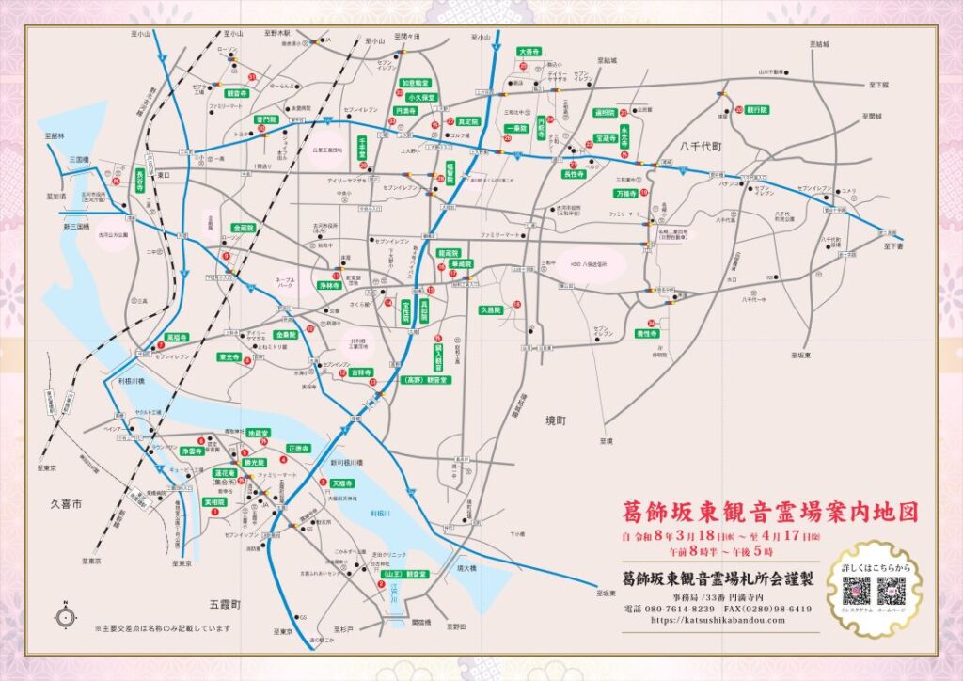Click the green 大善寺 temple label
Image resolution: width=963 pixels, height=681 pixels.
[528, 54]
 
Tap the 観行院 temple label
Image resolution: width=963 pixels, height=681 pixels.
[757, 110]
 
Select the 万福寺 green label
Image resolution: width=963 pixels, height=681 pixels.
[625, 193]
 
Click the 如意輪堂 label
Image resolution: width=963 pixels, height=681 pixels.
[416, 83]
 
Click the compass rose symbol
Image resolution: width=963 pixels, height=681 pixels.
[65, 616]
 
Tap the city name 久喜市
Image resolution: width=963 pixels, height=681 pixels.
[67, 505]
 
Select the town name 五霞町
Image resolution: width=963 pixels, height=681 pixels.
[223, 602]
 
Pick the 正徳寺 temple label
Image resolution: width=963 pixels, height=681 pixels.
[299, 449]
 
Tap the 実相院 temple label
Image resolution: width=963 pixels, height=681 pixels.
[215, 503]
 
